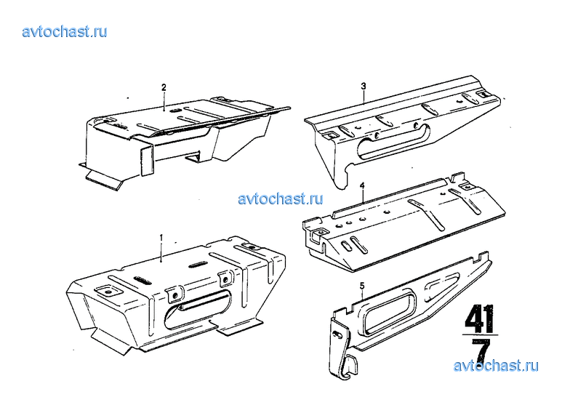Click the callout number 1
(x=161, y=238)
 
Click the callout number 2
(x=164, y=87)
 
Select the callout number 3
(x=364, y=86)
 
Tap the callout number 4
(x=362, y=185)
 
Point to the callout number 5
(x=362, y=286)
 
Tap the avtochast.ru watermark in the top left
(x=65, y=31)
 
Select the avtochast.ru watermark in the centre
(x=281, y=198)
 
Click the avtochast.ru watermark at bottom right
(x=496, y=366)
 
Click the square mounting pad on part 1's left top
(x=107, y=292)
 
